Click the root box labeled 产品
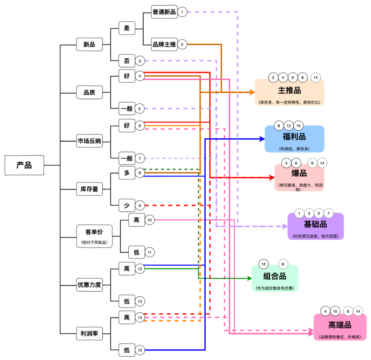click(x=24, y=165)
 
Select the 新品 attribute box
click(x=89, y=44)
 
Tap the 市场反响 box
click(x=89, y=141)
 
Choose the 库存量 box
click(x=89, y=189)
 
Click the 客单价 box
click(x=94, y=236)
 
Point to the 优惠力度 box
click(x=89, y=285)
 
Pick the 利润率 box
click(x=89, y=333)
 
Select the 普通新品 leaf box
click(x=164, y=12)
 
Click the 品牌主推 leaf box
click(x=164, y=44)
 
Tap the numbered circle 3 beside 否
click(x=140, y=61)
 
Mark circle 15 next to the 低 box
click(x=140, y=350)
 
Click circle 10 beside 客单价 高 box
click(x=149, y=220)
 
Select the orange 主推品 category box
click(x=290, y=92)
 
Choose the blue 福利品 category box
click(x=294, y=139)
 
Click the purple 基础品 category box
click(x=315, y=226)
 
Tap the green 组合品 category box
click(x=275, y=278)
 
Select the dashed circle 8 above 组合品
click(x=283, y=264)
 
